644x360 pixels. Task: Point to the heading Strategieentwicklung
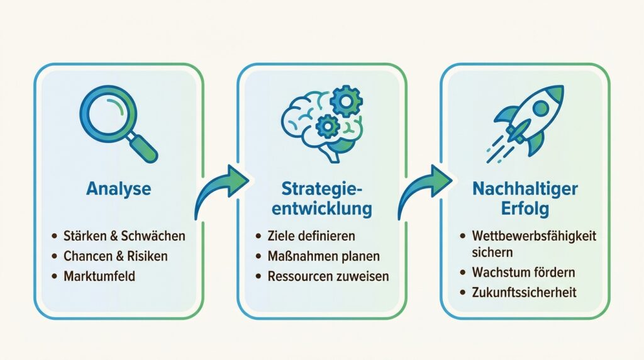322,198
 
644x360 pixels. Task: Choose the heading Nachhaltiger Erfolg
525,198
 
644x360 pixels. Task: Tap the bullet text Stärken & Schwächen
125,237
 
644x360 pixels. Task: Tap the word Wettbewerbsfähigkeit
533,237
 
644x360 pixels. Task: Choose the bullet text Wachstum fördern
523,273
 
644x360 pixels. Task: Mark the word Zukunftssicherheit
524,292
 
